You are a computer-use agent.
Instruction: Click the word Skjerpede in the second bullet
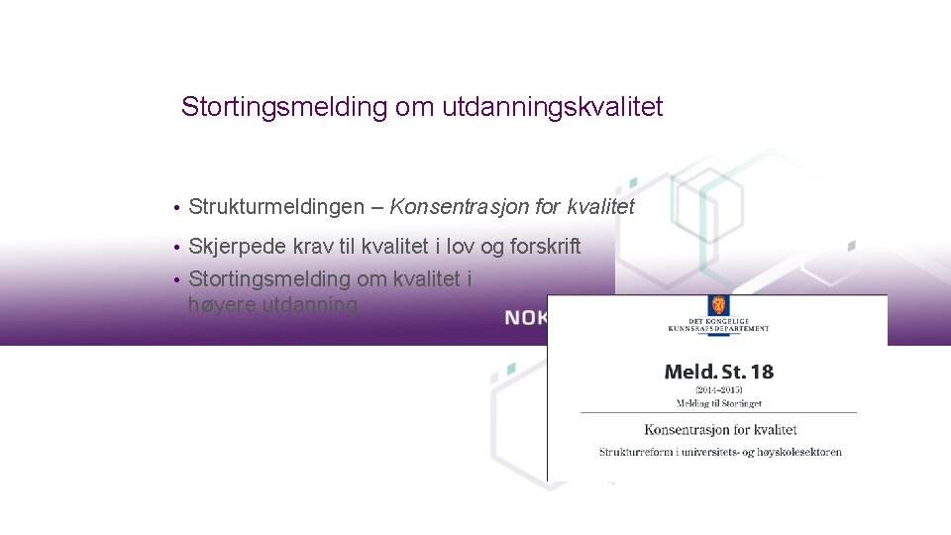click(236, 247)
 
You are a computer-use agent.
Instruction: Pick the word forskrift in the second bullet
click(545, 247)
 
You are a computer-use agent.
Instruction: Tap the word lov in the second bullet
click(458, 247)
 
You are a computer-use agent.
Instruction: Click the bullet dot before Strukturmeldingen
click(174, 208)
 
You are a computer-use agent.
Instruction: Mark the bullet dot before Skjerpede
click(174, 248)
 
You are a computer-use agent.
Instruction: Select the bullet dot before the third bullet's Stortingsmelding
click(174, 280)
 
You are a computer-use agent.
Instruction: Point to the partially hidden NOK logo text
click(525, 318)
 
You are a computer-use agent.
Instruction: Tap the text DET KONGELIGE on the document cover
click(716, 323)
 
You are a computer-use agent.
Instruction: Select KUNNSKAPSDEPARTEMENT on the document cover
click(716, 330)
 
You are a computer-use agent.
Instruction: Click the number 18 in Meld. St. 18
click(761, 373)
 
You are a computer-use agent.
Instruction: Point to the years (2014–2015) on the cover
click(719, 391)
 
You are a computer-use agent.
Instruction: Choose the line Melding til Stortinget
click(719, 403)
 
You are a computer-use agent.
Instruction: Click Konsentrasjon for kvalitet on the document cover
click(720, 430)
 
